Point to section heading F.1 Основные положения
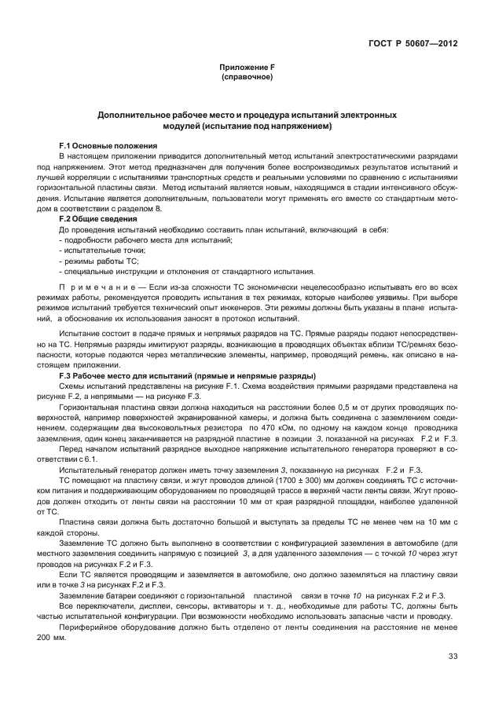point(108,147)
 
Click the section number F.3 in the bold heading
point(66,377)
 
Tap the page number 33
point(453,657)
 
